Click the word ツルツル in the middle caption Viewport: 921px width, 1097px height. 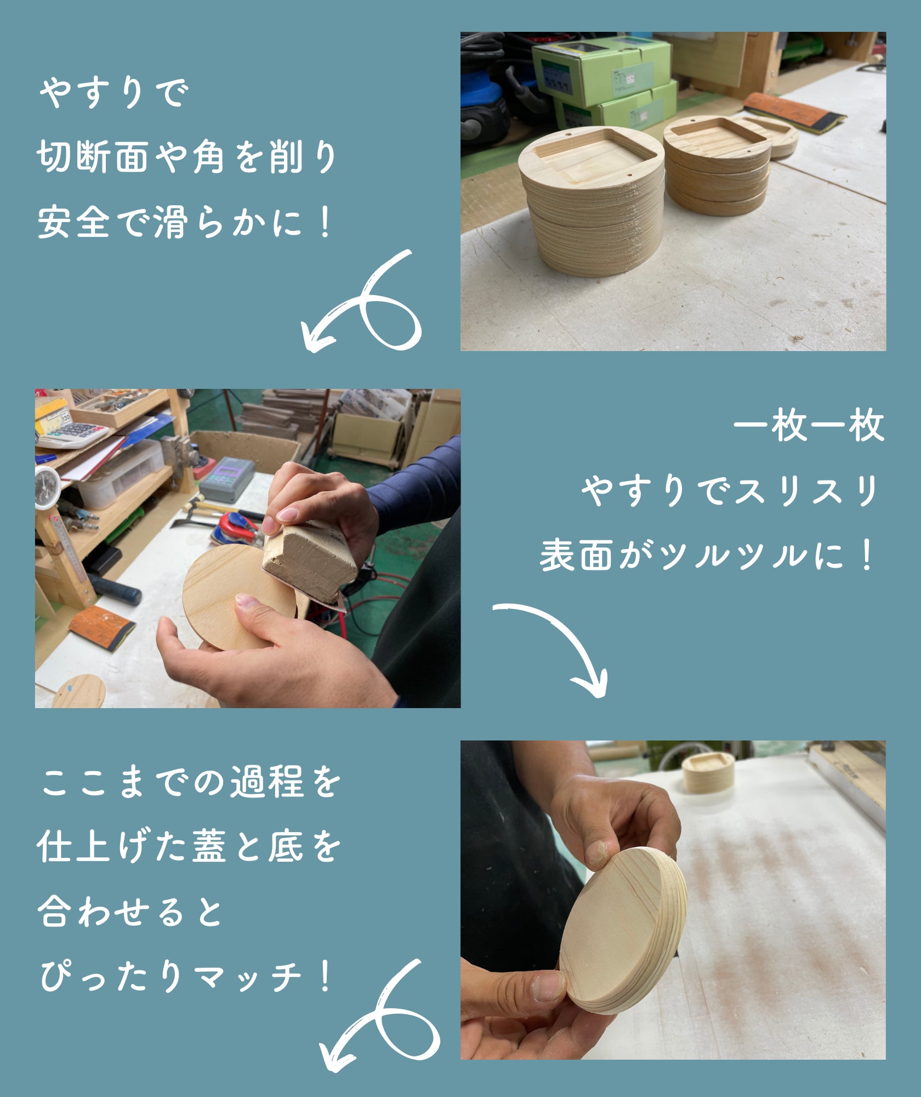734,556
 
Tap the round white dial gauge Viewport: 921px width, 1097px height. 48,487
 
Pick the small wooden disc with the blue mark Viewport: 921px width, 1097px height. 78,691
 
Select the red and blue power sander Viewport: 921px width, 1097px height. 235,530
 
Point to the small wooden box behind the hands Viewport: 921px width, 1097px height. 707,772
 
